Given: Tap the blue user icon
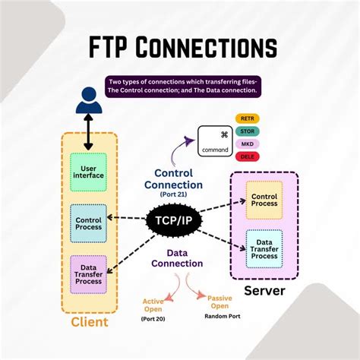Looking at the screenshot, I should (88, 99).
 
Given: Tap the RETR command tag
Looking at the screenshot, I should (247, 119).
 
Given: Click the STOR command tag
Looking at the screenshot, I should (247, 131).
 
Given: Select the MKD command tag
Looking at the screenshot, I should (247, 144).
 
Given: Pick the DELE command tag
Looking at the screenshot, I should (247, 156).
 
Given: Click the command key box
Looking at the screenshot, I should (215, 141).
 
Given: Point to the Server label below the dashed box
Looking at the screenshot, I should (264, 291).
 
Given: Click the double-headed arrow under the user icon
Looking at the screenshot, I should (88, 131).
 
